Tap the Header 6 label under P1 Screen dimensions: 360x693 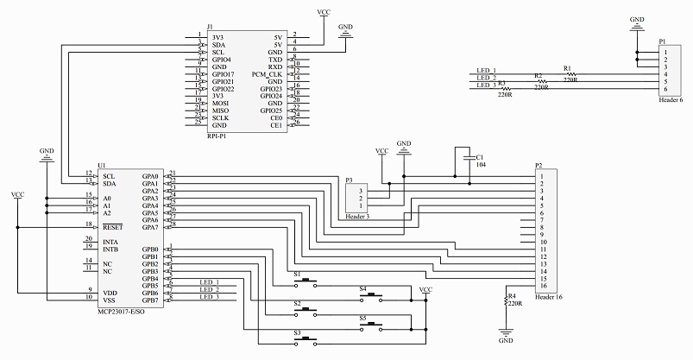pyautogui.click(x=670, y=100)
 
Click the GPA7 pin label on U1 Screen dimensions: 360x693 pyautogui.click(x=150, y=227)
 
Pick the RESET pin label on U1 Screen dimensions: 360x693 pyautogui.click(x=110, y=227)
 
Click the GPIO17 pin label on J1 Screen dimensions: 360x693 pyautogui.click(x=223, y=75)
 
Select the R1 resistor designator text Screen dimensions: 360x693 pyautogui.click(x=567, y=67)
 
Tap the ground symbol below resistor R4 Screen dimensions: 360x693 pyautogui.click(x=506, y=332)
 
